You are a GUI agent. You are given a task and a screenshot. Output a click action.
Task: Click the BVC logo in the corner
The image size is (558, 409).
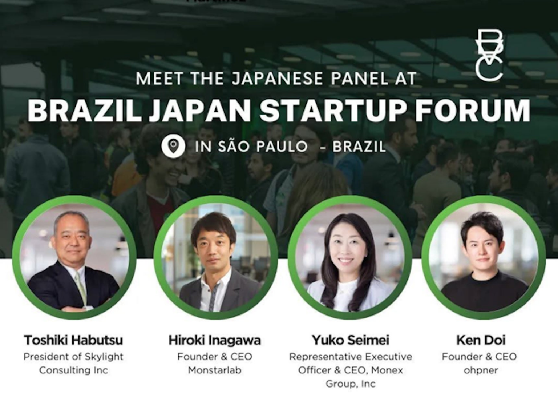[489, 55]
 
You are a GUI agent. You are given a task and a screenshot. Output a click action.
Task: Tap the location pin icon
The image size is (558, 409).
[173, 146]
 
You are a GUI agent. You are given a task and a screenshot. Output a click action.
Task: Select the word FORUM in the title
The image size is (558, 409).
[472, 110]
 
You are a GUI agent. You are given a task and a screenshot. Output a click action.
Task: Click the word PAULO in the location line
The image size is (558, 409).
[282, 147]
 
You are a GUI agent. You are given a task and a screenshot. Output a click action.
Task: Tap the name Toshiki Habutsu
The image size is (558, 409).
[73, 340]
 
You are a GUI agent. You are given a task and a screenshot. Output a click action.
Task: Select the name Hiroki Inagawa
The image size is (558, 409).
[215, 340]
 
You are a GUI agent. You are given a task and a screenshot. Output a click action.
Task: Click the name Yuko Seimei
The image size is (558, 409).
[350, 340]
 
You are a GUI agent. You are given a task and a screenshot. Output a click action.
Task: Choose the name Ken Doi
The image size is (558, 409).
[480, 340]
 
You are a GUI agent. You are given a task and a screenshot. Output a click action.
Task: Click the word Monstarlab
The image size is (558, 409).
[215, 370]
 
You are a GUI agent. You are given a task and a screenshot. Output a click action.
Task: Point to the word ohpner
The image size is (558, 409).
[480, 370]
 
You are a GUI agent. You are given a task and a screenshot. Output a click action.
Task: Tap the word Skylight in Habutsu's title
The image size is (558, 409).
[104, 357]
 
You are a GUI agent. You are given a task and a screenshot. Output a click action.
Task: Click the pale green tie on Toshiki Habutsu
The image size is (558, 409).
[81, 287]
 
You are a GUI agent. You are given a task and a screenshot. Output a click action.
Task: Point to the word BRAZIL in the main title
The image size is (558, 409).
[84, 110]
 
